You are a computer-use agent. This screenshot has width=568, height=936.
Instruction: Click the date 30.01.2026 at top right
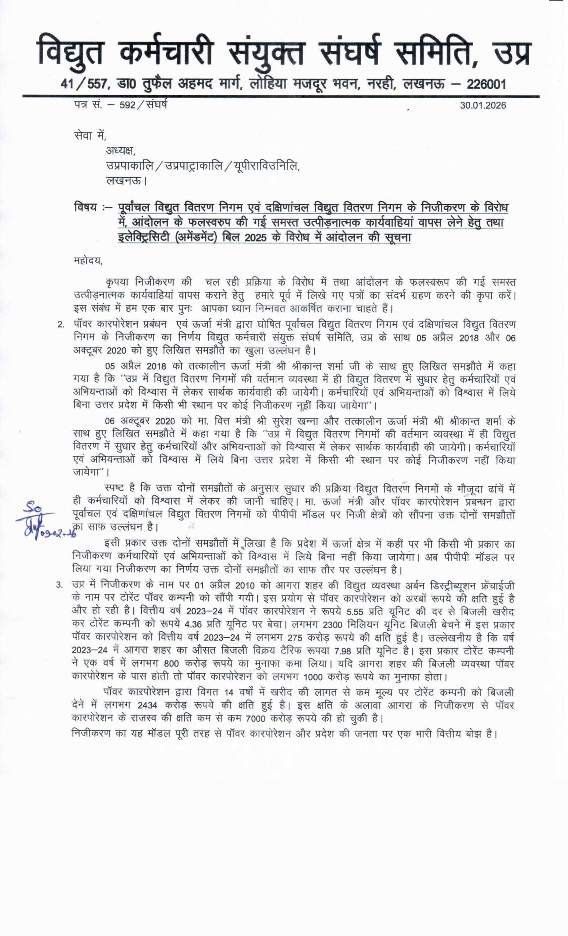coord(483,106)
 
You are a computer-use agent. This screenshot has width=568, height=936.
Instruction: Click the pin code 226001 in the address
coord(486,84)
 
